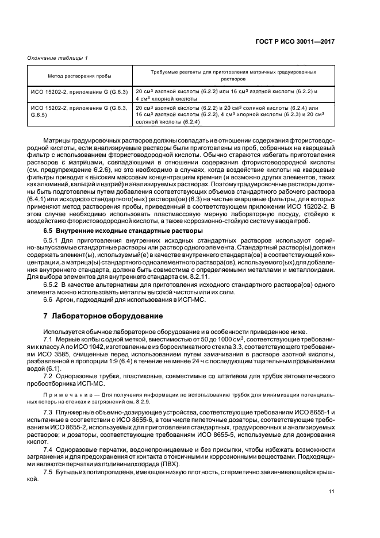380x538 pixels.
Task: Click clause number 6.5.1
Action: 52,240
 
